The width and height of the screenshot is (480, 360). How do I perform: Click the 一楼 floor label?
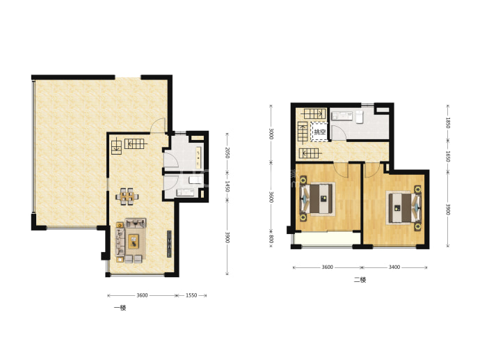point(120,308)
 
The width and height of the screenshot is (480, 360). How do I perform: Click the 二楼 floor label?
point(360,280)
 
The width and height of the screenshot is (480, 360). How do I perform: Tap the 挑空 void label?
point(320,132)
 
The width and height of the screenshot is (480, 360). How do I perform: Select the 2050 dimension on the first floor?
point(227,152)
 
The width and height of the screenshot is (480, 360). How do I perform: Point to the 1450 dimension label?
point(227,187)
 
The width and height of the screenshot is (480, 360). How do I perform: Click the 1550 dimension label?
point(191,295)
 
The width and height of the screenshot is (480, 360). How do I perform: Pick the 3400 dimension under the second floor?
point(394,267)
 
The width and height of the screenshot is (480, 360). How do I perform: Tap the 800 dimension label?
point(271,239)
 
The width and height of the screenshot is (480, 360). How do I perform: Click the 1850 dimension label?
point(447,123)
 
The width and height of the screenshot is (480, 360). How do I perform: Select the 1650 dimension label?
point(447,156)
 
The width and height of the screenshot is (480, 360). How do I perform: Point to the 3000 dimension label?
point(271,134)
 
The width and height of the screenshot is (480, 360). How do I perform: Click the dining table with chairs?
point(127,196)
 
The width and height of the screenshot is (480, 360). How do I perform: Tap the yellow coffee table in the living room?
point(133,241)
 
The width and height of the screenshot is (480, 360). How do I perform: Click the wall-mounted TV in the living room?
point(169,244)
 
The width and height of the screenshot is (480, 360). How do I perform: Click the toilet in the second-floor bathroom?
point(360,117)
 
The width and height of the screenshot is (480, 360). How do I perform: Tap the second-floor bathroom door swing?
point(338,132)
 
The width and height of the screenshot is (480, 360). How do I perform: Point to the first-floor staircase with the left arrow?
point(135,143)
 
